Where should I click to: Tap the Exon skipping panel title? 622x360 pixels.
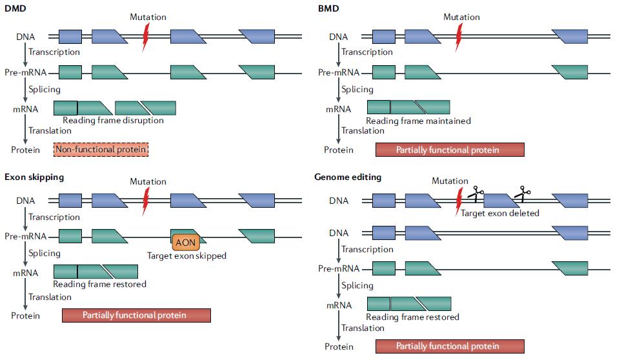[x=34, y=176]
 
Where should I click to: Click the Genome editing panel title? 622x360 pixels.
[x=348, y=176]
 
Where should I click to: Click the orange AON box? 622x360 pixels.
[x=186, y=241]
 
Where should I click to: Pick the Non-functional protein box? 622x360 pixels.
[x=101, y=150]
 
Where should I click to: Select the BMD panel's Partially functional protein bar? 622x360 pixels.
[x=450, y=150]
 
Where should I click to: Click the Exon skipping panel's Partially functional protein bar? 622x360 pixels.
[x=136, y=315]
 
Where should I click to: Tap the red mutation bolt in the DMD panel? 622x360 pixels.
[x=146, y=36]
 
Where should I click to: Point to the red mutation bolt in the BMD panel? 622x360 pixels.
[x=459, y=36]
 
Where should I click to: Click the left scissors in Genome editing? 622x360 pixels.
[x=476, y=194]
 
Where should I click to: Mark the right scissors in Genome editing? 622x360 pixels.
[x=522, y=193]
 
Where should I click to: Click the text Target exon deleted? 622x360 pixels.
[x=500, y=213]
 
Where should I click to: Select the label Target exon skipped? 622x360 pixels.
[x=186, y=255]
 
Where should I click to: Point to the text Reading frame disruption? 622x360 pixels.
[x=113, y=120]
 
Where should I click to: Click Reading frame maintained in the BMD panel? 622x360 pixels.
[x=418, y=120]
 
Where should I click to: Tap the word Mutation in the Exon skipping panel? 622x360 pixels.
[x=148, y=181]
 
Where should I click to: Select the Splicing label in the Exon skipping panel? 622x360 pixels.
[x=45, y=253]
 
